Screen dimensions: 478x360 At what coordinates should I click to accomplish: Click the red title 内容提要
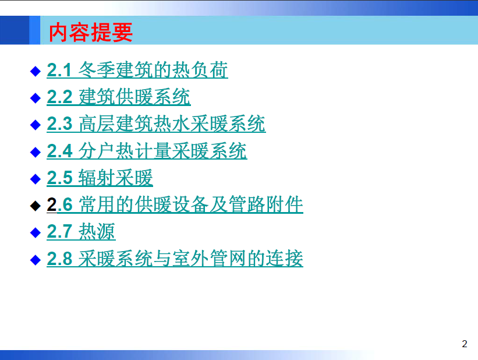coord(91,32)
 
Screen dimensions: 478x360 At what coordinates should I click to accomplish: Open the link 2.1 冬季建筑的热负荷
coord(137,70)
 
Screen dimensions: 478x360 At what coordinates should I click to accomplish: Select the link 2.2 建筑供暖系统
coord(119,97)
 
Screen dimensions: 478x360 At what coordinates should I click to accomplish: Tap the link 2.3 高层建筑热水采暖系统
coord(156,123)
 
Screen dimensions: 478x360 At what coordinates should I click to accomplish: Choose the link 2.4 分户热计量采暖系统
coord(147,150)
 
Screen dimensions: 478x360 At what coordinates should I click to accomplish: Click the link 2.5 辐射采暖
coord(100,178)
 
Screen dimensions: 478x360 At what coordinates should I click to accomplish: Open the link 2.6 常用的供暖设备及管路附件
coord(175,204)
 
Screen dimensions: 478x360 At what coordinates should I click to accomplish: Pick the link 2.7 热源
coord(81,231)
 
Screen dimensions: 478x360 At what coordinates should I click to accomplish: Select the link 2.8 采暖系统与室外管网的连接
coord(175,259)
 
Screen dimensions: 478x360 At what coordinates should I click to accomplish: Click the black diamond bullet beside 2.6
coord(36,206)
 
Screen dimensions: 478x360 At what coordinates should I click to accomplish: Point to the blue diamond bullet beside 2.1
coord(36,71)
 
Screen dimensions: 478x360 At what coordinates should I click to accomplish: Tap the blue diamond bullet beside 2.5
coord(36,179)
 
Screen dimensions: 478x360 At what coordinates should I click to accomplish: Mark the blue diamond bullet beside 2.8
coord(36,260)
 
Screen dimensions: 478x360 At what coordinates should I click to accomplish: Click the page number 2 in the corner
coord(464,344)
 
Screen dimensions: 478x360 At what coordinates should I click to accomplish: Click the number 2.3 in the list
coord(59,123)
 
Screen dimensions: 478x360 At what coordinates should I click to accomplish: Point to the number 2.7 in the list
coord(59,231)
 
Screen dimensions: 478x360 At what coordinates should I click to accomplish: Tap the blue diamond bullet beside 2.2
coord(36,98)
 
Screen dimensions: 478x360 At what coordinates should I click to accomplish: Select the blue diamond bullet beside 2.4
coord(36,152)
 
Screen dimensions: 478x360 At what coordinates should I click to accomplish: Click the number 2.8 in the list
coord(59,259)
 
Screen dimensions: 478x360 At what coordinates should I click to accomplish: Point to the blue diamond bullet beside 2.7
coord(36,232)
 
